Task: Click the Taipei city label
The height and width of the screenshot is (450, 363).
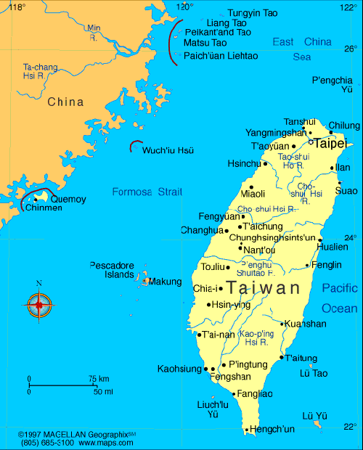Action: click(330, 143)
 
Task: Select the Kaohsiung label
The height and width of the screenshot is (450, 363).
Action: click(179, 369)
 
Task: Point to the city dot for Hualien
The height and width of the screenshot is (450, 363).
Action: click(320, 239)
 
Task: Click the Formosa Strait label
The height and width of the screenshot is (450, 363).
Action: click(147, 192)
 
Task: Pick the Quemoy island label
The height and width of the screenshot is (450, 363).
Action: click(68, 199)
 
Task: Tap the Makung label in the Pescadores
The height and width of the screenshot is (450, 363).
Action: click(165, 282)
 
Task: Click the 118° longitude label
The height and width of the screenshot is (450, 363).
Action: click(16, 7)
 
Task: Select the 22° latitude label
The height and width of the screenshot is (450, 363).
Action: click(350, 426)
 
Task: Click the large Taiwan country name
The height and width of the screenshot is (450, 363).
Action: click(263, 287)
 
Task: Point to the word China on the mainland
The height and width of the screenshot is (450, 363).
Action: click(65, 102)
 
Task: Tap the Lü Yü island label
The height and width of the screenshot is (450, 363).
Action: click(315, 415)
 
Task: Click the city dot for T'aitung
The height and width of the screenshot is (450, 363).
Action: click(282, 357)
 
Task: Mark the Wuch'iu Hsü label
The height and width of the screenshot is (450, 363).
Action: click(168, 150)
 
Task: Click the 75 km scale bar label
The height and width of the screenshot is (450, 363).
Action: click(99, 379)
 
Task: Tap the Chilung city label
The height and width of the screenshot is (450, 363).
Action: click(344, 126)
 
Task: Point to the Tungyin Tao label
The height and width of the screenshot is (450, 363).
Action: click(253, 13)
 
